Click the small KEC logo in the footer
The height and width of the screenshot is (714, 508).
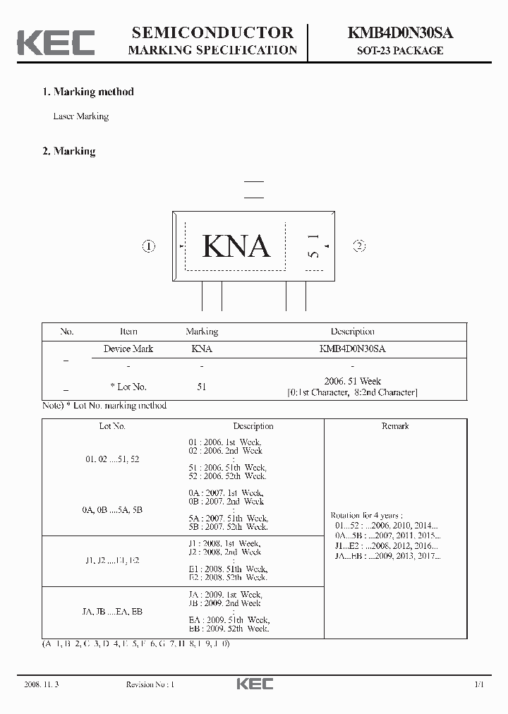pyautogui.click(x=254, y=684)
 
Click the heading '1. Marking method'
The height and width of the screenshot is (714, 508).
pyautogui.click(x=88, y=92)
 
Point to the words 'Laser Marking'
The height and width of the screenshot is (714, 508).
pyautogui.click(x=81, y=116)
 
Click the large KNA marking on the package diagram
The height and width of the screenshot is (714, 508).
pyautogui.click(x=236, y=246)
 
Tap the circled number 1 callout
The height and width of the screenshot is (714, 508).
pyautogui.click(x=148, y=246)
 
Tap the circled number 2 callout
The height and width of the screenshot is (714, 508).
pyautogui.click(x=359, y=246)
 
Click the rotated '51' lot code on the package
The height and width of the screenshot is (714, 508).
pyautogui.click(x=315, y=246)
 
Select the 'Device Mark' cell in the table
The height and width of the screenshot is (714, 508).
pyautogui.click(x=128, y=349)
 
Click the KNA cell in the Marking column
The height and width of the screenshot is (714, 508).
pyautogui.click(x=202, y=349)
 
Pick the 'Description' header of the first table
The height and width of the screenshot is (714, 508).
pyautogui.click(x=352, y=332)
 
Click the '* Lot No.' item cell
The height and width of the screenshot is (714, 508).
pyautogui.click(x=128, y=387)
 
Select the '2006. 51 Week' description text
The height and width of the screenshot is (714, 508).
pyautogui.click(x=352, y=381)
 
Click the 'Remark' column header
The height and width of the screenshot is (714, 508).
pyautogui.click(x=395, y=426)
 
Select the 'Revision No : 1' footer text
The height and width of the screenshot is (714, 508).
pyautogui.click(x=150, y=684)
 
